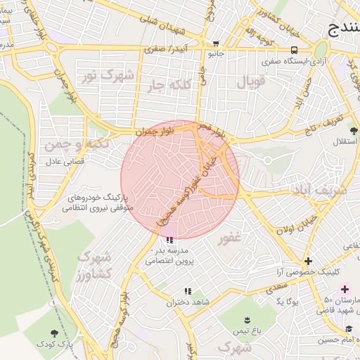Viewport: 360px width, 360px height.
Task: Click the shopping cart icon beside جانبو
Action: pyautogui.click(x=216, y=43)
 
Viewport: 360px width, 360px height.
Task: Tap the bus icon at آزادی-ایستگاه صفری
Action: pyautogui.click(x=294, y=50)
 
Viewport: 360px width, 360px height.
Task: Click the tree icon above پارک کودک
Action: pyautogui.click(x=55, y=333)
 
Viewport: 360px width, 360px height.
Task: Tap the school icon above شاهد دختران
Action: pyautogui.click(x=187, y=291)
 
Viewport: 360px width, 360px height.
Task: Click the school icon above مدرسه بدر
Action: pyautogui.click(x=167, y=239)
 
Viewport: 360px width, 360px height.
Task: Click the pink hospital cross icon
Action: pyautogui.click(x=345, y=289)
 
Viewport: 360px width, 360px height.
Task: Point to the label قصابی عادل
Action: pyautogui.click(x=65, y=161)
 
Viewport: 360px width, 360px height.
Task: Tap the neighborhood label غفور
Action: pyautogui.click(x=229, y=238)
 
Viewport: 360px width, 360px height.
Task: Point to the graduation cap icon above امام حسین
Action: pyautogui.click(x=349, y=329)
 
